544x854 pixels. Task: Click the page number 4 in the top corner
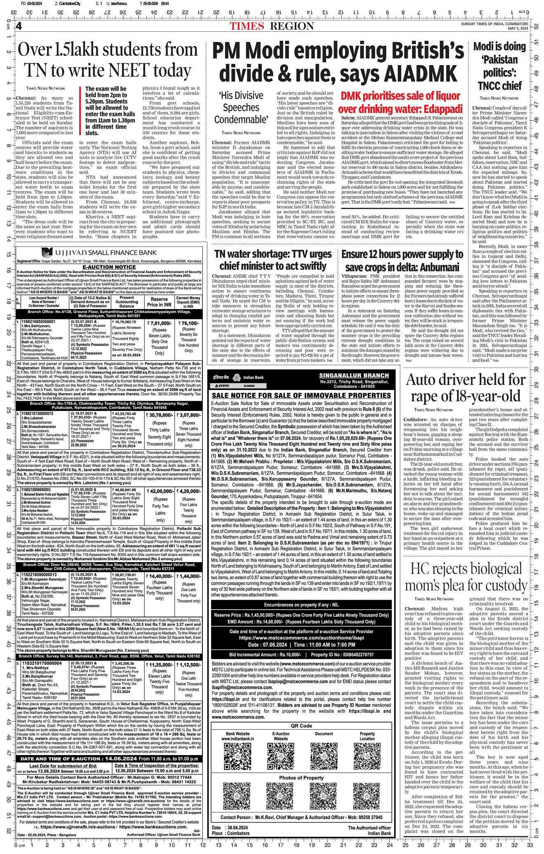pyautogui.click(x=19, y=26)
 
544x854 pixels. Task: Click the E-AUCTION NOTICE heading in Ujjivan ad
pyautogui.click(x=109, y=267)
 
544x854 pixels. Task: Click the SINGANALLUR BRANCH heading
pyautogui.click(x=354, y=375)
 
